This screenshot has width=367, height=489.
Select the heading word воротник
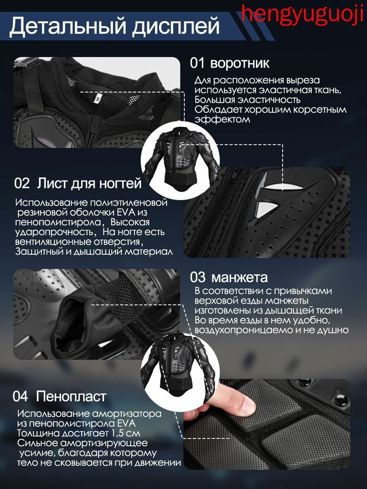[240, 63]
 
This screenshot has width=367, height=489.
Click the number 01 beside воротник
[197, 63]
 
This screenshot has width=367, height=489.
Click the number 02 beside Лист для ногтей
[22, 183]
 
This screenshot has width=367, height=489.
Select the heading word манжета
[239, 278]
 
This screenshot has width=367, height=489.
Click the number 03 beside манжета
[197, 278]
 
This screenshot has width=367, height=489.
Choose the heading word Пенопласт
[71, 396]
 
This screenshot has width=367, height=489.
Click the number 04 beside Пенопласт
[20, 396]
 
